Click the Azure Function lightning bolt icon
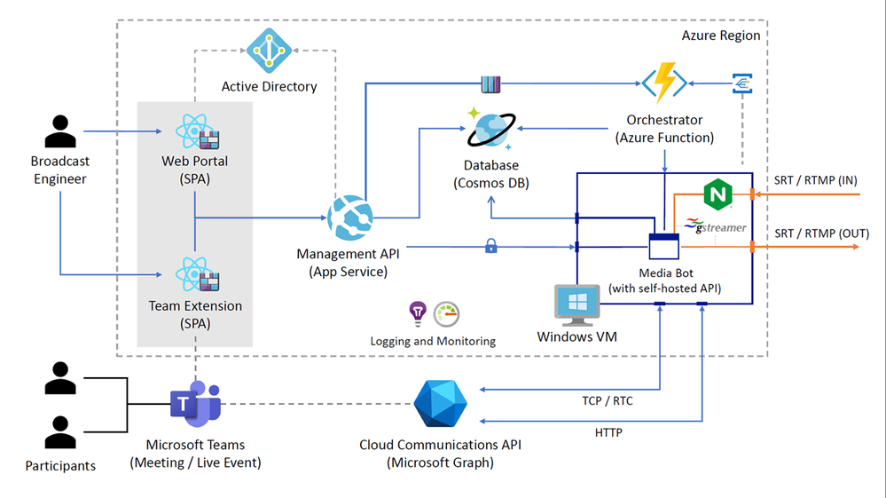pyautogui.click(x=664, y=83)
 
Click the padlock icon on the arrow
pyautogui.click(x=491, y=246)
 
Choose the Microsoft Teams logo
pyautogui.click(x=195, y=404)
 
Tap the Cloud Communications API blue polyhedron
pyautogui.click(x=440, y=404)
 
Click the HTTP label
pyautogui.click(x=608, y=433)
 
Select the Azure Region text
pyautogui.click(x=720, y=36)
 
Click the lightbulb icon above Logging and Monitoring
pyautogui.click(x=417, y=313)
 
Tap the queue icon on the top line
pyautogui.click(x=490, y=84)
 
